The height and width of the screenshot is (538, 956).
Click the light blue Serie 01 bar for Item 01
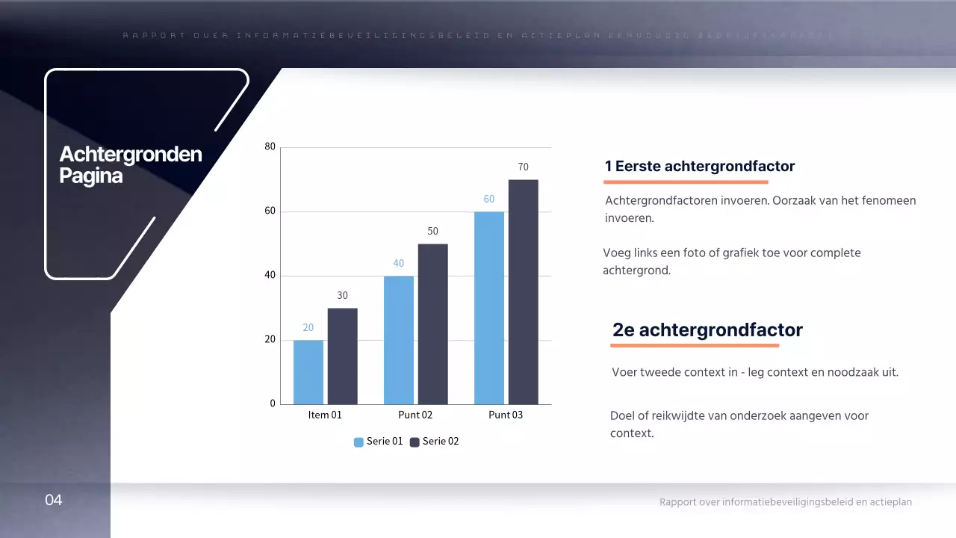click(x=308, y=372)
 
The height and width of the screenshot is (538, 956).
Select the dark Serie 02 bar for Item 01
click(x=342, y=356)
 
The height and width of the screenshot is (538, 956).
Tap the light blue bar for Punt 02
click(x=398, y=340)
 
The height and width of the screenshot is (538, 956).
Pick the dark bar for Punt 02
click(x=432, y=324)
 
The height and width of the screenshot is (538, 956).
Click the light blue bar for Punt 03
click(x=488, y=308)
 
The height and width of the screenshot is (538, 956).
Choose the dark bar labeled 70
click(x=523, y=292)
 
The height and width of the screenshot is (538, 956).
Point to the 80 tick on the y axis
click(x=270, y=147)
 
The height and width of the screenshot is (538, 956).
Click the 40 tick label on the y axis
click(x=270, y=276)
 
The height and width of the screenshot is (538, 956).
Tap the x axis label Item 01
click(x=325, y=415)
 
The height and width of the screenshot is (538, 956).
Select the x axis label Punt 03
click(x=506, y=415)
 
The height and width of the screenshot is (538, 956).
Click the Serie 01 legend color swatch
click(x=358, y=442)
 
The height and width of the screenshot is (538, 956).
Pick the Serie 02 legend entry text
click(x=441, y=442)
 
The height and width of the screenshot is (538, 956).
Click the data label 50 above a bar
click(x=432, y=232)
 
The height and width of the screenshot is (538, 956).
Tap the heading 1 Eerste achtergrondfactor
click(x=699, y=166)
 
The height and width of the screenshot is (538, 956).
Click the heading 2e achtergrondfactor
click(x=707, y=330)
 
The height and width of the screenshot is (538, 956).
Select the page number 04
click(x=53, y=500)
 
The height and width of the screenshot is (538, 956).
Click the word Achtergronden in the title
click(x=131, y=155)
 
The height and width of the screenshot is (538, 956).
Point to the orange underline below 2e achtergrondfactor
click(x=695, y=346)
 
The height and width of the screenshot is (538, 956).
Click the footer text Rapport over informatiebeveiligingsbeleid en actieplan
click(x=785, y=502)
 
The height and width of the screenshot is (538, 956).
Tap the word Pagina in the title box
click(x=90, y=177)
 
